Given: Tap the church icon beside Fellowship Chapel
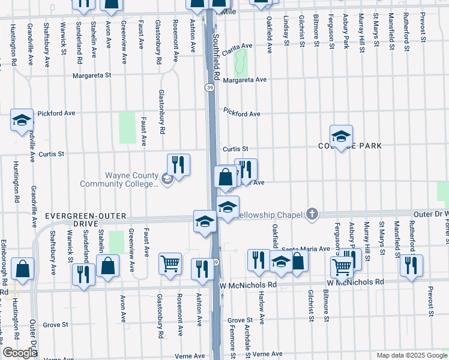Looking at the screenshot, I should click(x=311, y=214).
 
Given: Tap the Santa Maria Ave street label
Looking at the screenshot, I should click(x=306, y=248).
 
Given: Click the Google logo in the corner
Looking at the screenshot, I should click(x=20, y=353).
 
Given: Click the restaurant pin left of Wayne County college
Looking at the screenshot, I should click(x=178, y=164).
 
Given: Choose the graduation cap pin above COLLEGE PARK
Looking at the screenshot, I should click(x=341, y=136).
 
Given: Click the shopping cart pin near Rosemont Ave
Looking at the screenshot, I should click(x=170, y=263).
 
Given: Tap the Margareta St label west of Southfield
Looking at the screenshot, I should click(x=92, y=76).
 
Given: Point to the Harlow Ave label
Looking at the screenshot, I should click(x=261, y=312).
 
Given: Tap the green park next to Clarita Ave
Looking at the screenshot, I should click(x=241, y=60).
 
